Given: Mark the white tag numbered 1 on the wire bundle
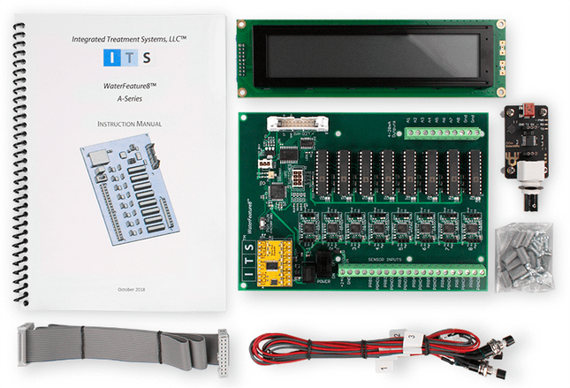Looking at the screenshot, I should [382, 360].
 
